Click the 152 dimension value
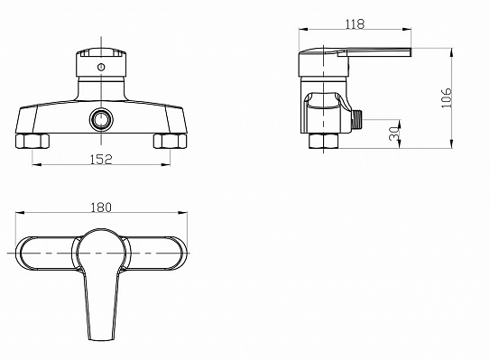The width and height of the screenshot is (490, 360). [102, 159]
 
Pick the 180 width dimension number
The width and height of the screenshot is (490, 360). [102, 207]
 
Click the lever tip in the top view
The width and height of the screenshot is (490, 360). [102, 332]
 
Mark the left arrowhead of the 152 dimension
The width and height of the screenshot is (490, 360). [35, 165]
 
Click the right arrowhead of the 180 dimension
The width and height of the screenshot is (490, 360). [185, 214]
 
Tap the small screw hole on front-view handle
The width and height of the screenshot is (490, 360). [102, 66]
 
